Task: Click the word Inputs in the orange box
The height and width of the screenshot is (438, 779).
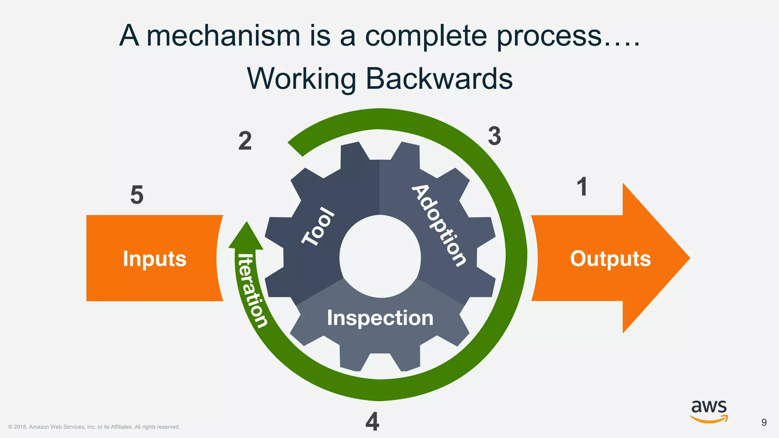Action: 154,259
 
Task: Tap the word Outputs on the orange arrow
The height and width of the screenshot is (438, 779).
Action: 610,259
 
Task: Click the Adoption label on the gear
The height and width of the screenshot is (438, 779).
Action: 439,225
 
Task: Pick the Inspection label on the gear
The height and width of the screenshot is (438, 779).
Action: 380,318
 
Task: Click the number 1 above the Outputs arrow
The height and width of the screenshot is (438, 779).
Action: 582,187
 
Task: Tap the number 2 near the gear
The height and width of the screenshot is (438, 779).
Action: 245,141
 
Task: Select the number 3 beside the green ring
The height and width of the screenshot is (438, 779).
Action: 494,136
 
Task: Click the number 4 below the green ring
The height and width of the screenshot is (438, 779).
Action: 372,422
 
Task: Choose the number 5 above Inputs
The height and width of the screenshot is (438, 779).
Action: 137,195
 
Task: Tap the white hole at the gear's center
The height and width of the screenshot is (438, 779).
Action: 380,257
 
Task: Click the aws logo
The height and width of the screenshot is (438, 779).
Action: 709,411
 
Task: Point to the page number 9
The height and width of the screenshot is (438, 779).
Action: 764,422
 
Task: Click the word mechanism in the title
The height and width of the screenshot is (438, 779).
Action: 224,36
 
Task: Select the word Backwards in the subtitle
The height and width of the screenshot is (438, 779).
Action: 439,79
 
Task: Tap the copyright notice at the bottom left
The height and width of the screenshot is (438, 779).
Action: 94,427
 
